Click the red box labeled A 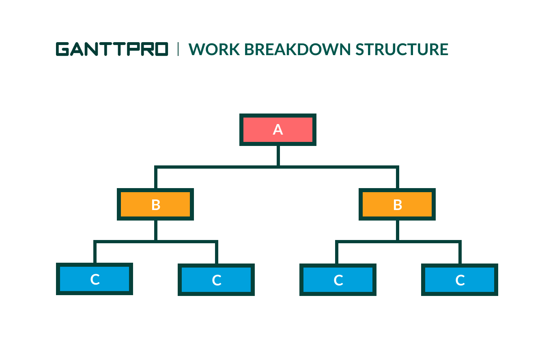[x=278, y=130]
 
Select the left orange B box [x=155, y=204]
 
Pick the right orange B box [x=397, y=204]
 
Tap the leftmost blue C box [x=95, y=279]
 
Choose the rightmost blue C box [x=460, y=280]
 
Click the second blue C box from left [x=216, y=280]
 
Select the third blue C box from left [x=338, y=280]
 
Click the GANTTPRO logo [x=112, y=49]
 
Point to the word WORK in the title [x=214, y=49]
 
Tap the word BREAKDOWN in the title [x=297, y=49]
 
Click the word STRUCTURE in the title [x=402, y=49]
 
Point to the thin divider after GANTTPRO [x=178, y=49]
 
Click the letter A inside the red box [x=278, y=129]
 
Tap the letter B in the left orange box [x=156, y=205]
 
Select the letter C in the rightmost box [x=460, y=280]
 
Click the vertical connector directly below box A [x=278, y=156]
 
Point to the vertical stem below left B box [x=156, y=230]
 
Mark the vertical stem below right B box [x=398, y=230]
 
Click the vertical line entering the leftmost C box [x=95, y=253]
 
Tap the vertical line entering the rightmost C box [x=460, y=253]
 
